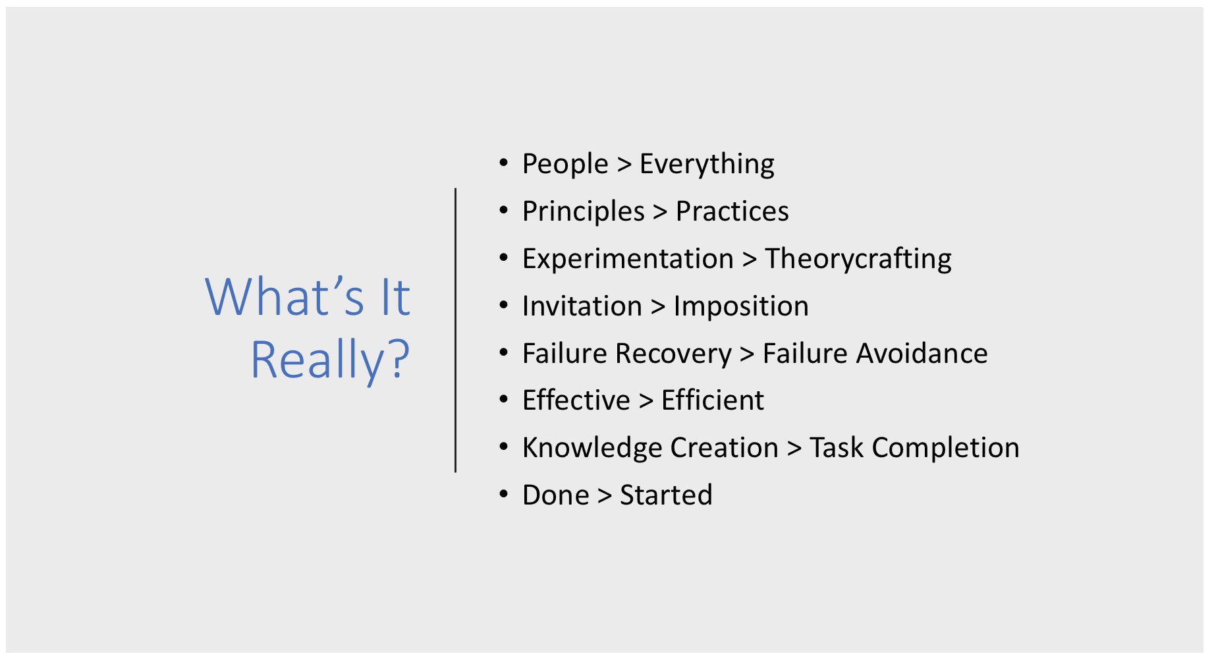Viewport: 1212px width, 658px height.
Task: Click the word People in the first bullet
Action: tap(565, 164)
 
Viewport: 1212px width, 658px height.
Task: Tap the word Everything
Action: tap(706, 164)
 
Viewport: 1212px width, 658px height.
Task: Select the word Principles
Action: tap(583, 211)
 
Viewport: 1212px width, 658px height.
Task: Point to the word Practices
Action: tap(732, 211)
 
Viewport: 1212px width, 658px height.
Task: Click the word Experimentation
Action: tap(627, 259)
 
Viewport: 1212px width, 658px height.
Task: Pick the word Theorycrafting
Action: tap(858, 259)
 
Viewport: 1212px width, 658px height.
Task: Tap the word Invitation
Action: tap(582, 306)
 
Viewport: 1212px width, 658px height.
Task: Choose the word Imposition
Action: tap(740, 306)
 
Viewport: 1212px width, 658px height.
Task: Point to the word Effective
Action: tap(576, 400)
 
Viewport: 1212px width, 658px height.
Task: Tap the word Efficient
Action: tap(712, 400)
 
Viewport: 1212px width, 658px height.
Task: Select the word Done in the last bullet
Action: tap(555, 495)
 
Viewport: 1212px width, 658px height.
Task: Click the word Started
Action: tap(666, 495)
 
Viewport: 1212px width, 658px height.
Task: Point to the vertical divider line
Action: tap(455, 329)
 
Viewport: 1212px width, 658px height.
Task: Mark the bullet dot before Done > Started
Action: tap(504, 494)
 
